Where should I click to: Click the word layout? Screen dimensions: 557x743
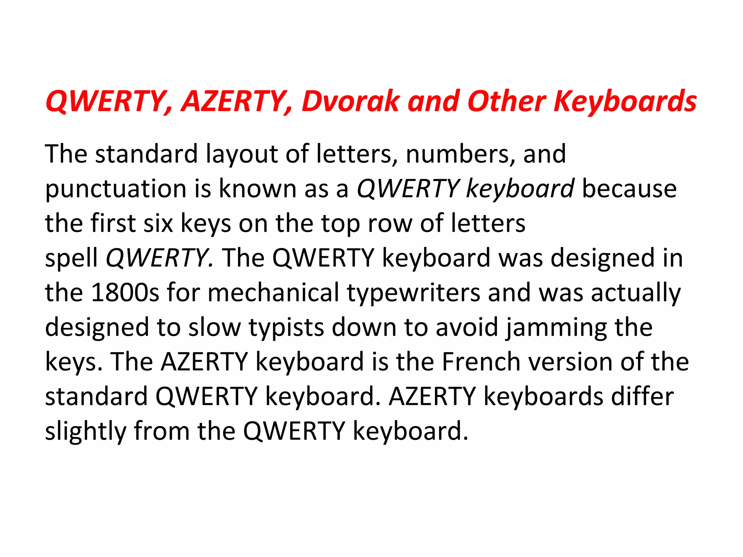tap(242, 154)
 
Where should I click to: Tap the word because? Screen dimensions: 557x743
tap(629, 189)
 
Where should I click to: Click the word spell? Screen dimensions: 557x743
tap(71, 258)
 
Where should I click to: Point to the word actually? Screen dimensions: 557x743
tap(636, 293)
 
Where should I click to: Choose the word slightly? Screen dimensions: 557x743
tap(86, 432)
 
